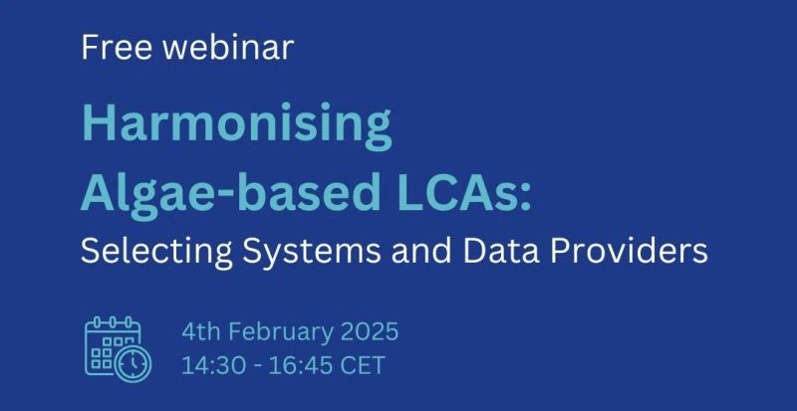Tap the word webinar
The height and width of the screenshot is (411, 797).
[228, 48]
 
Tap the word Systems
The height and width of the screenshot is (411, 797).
[311, 252]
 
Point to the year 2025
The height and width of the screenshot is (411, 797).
[369, 332]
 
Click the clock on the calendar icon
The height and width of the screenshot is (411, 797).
[133, 363]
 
